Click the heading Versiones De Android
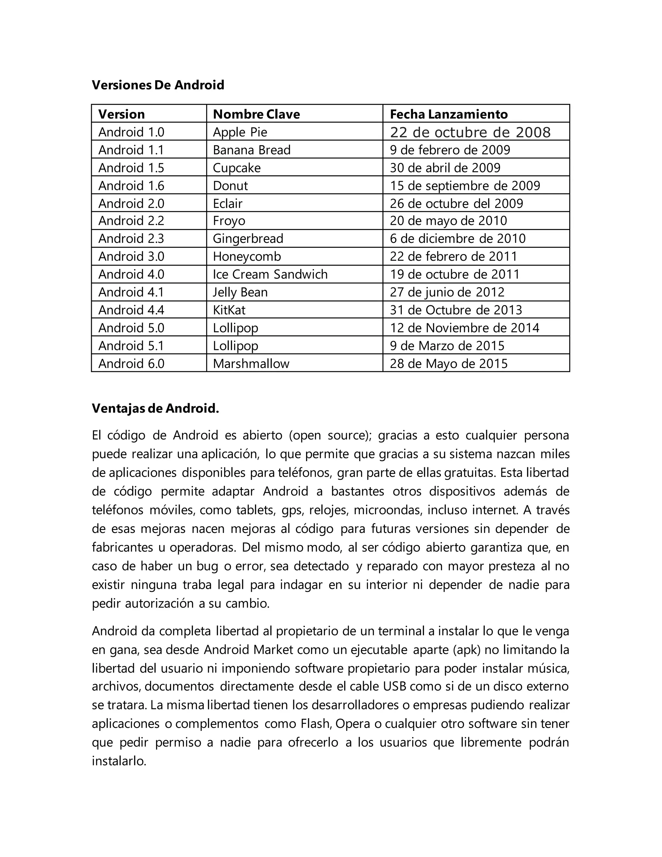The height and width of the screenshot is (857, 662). coord(158,85)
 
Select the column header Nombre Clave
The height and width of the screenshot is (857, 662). coord(256,114)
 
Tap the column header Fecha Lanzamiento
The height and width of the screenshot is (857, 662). coord(448,114)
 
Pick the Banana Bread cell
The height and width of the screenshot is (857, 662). coord(251,150)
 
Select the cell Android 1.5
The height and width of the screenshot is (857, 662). coord(131,168)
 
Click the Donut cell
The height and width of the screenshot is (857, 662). coord(230,186)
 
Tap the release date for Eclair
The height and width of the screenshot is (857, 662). coord(456,204)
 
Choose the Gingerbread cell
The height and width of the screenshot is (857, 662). coord(248,239)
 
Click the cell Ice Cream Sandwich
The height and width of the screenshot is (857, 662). coord(270,274)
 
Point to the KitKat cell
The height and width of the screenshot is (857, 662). coord(229,310)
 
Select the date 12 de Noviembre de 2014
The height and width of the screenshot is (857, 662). coord(464,328)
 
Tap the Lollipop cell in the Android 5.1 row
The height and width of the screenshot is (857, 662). coord(235,346)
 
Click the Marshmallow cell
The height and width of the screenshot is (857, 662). coord(251,364)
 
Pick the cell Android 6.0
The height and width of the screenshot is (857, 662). coord(131,364)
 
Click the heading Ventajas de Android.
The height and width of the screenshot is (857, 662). coord(155,408)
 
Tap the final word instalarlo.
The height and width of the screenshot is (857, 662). coord(119,761)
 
